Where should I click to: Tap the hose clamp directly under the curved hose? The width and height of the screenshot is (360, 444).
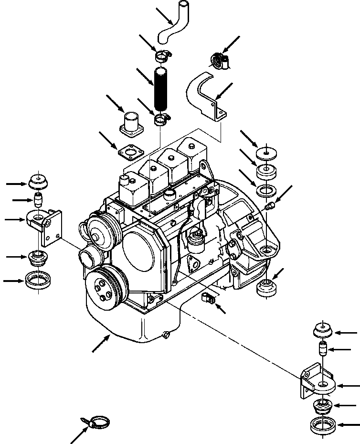tap(163, 57)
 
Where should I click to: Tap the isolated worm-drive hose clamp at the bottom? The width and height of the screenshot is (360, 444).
tap(98, 422)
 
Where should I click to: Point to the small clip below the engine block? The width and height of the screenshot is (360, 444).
tap(209, 299)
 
